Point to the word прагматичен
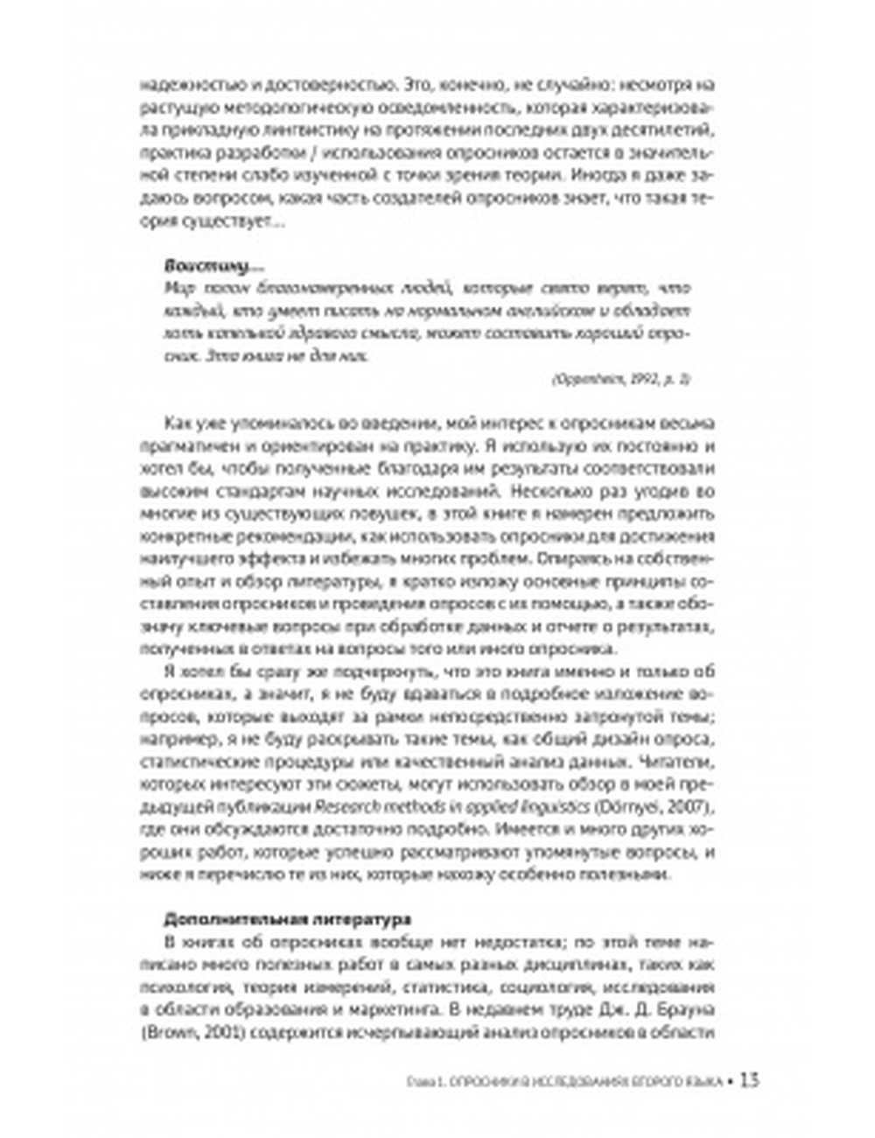click(184, 445)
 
